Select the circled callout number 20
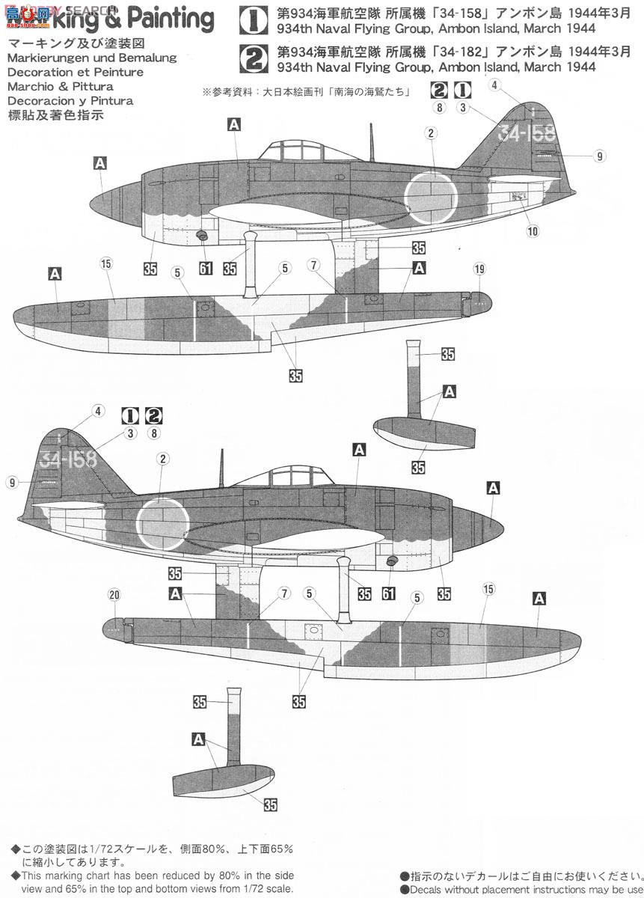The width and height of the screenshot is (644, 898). point(114,595)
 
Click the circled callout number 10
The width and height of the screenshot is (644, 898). point(533,231)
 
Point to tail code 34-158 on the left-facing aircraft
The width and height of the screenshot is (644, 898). point(527,134)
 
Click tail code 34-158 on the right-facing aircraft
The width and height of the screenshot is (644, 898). point(69,459)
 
